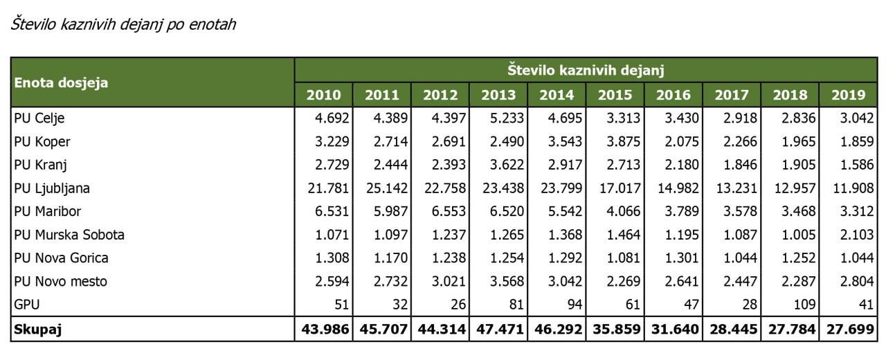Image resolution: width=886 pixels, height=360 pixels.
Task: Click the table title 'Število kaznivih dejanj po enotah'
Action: [123, 25]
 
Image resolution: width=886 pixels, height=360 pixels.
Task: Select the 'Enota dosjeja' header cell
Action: [62, 83]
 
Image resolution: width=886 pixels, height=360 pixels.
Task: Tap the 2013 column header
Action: [498, 95]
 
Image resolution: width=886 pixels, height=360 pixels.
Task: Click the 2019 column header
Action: [847, 95]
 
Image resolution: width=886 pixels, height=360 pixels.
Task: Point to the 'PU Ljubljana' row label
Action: [52, 188]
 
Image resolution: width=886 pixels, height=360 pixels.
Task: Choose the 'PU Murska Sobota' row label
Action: [69, 235]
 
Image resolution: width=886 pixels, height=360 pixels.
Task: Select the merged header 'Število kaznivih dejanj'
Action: [586, 69]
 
